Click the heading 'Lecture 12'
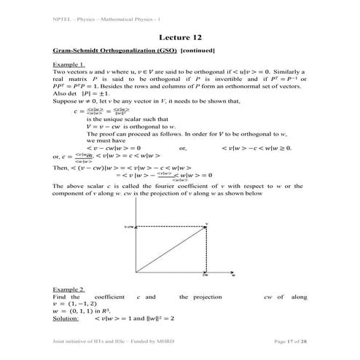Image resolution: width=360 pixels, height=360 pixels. pyautogui.click(x=179, y=37)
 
